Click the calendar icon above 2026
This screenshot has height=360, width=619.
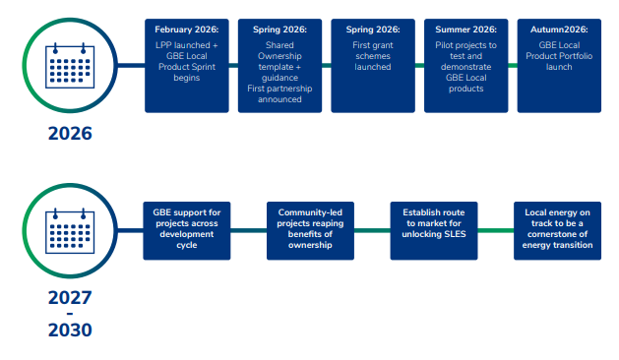[70, 66]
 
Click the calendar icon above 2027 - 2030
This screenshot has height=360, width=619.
[70, 232]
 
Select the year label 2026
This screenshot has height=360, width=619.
[70, 134]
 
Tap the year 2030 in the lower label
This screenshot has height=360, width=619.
[70, 330]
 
